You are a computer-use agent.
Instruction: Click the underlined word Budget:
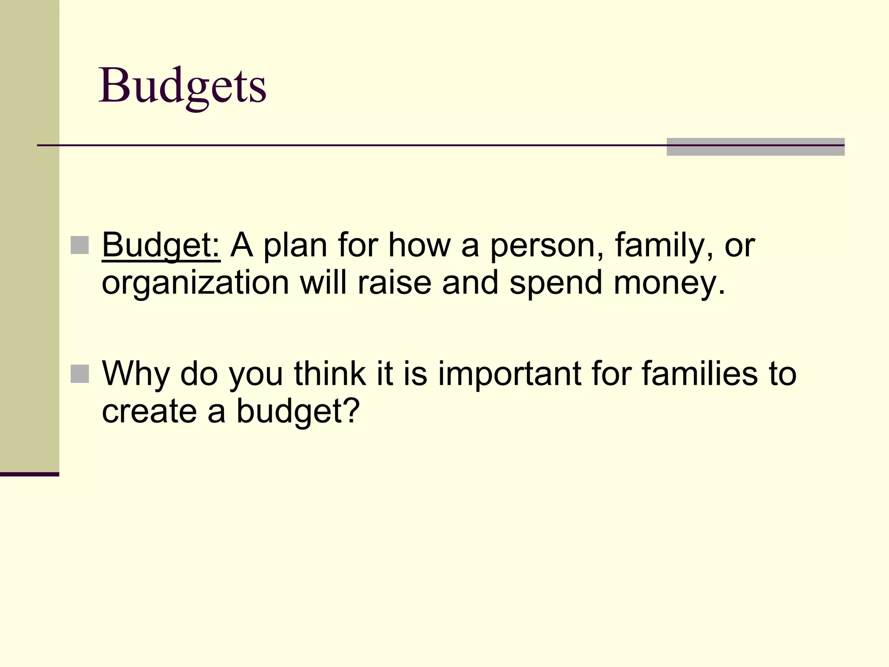tap(161, 245)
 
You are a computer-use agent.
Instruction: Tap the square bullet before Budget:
tap(79, 245)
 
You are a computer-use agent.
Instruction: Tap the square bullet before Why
tap(79, 374)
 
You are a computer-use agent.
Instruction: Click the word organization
tap(195, 283)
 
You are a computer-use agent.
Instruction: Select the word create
tap(149, 411)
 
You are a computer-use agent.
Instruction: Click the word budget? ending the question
tap(298, 411)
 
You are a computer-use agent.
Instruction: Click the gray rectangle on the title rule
tap(755, 147)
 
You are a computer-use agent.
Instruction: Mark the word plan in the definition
tap(295, 245)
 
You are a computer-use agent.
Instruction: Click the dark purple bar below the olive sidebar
tap(30, 474)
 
